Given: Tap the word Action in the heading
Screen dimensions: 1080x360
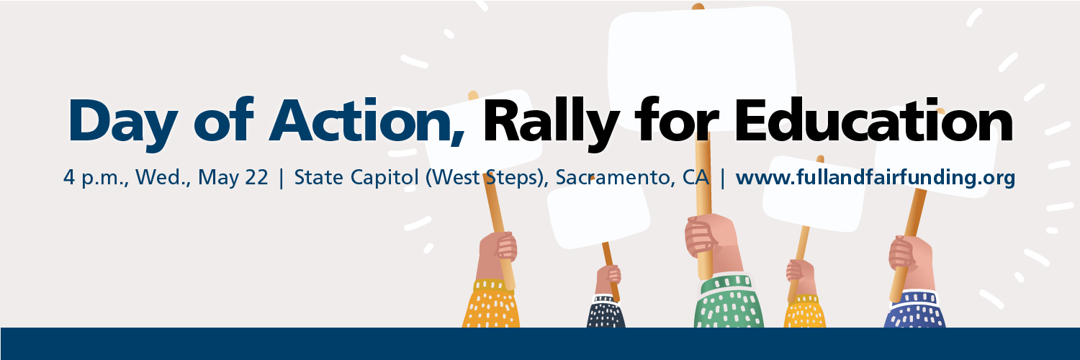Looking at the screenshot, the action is click(x=367, y=120).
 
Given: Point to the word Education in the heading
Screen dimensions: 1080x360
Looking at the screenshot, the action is click(x=873, y=119).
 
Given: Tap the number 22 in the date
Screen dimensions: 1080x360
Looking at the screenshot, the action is click(x=256, y=177).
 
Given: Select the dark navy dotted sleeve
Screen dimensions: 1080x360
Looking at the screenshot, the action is click(x=606, y=312).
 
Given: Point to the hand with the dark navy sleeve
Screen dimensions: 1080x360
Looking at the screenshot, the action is click(x=608, y=280).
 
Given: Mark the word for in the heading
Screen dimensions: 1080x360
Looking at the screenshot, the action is click(x=676, y=120).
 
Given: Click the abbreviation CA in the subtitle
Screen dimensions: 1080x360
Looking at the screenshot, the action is click(x=696, y=177).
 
